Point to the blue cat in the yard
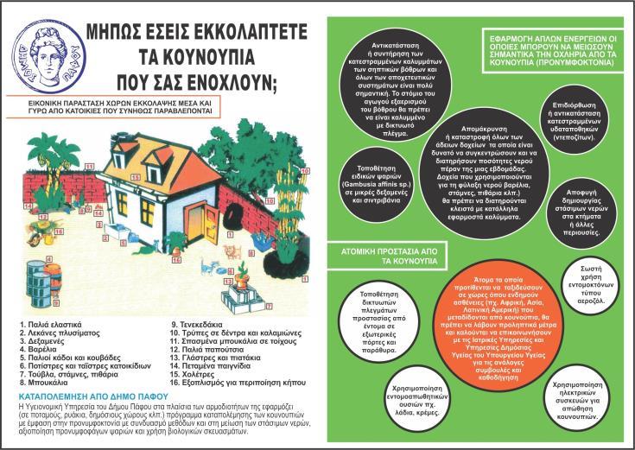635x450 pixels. click(x=210, y=265)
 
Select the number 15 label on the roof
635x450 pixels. click(x=89, y=164)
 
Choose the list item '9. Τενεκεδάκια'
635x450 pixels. click(x=200, y=323)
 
